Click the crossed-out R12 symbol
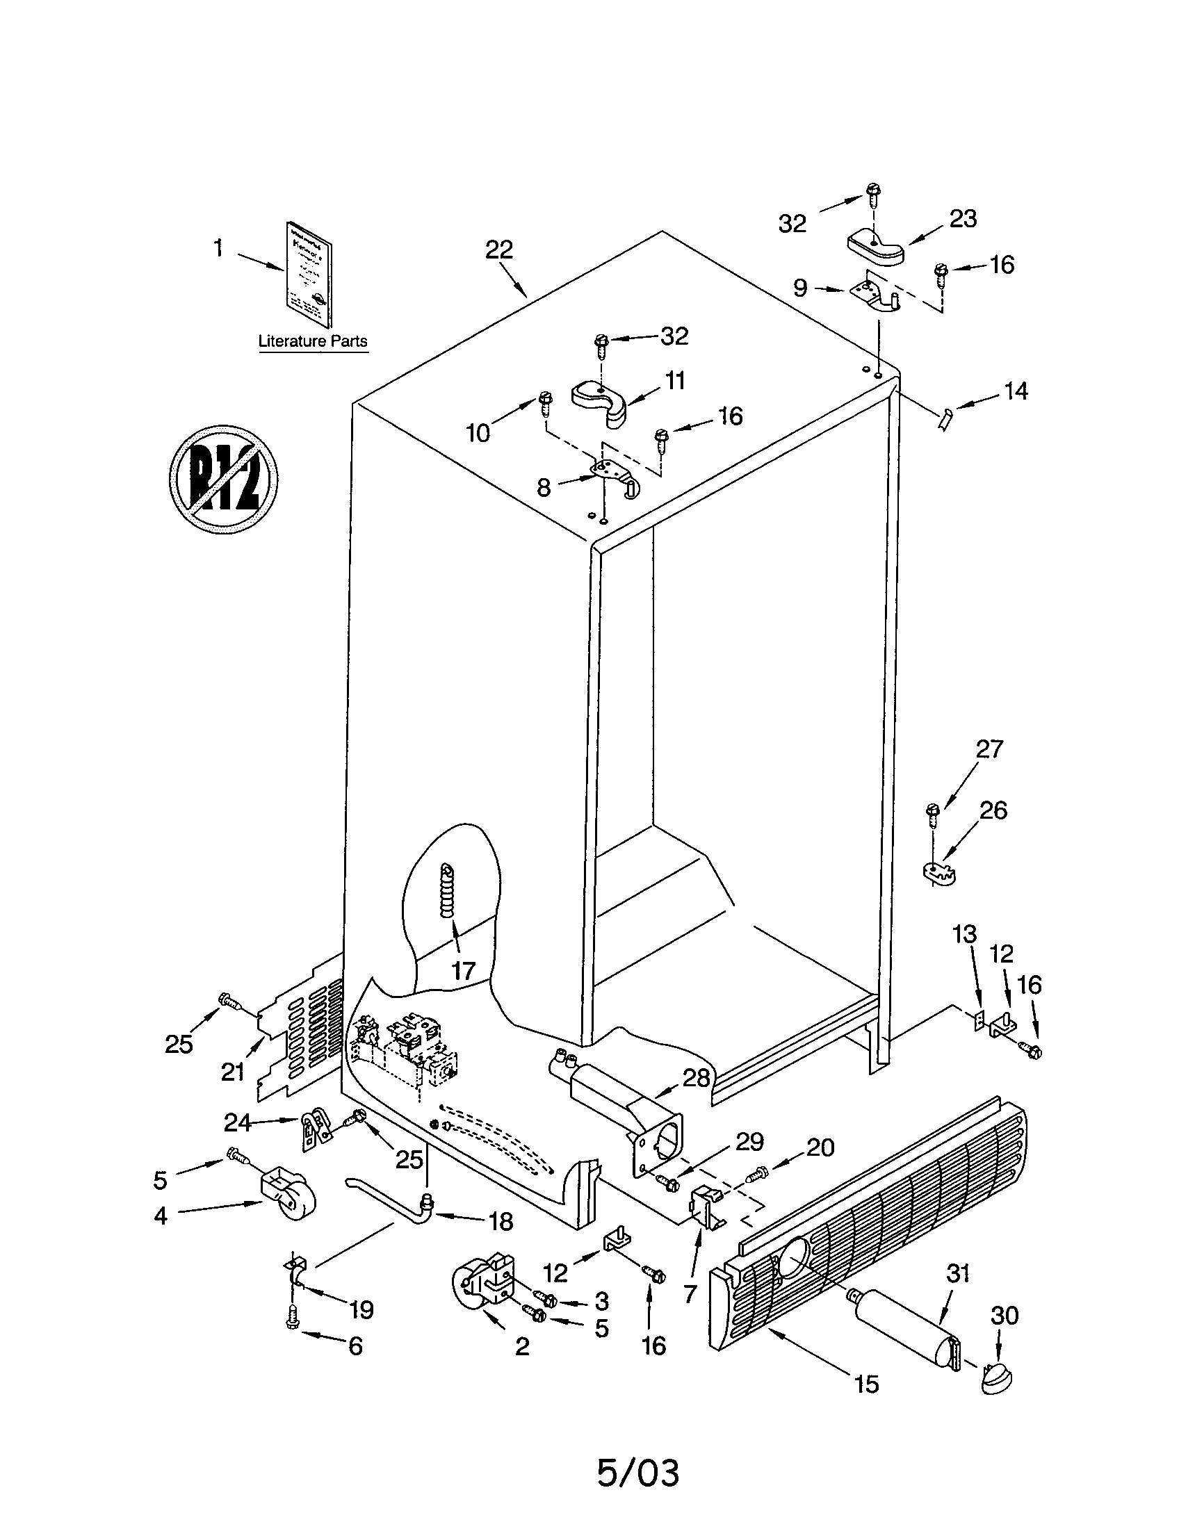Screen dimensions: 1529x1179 point(223,479)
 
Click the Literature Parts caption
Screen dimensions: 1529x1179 point(313,342)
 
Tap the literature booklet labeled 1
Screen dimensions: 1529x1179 point(309,275)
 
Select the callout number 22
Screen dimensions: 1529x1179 point(499,250)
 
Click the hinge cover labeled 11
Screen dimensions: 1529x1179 point(601,402)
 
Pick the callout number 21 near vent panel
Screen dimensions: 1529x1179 point(232,1071)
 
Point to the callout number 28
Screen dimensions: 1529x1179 point(696,1077)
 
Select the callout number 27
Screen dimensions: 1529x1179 point(989,749)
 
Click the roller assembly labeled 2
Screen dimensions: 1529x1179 point(480,1285)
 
